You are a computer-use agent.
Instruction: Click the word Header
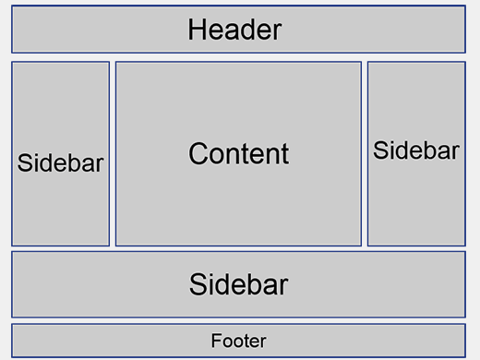(x=234, y=30)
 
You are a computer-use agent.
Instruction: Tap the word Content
(x=238, y=153)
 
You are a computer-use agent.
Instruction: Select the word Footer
(x=238, y=341)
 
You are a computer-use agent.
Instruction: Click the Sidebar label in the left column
(x=61, y=163)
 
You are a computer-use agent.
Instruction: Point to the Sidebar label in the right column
(x=416, y=150)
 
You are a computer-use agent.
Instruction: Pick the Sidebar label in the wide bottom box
(x=238, y=284)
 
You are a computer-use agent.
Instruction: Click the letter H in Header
(x=196, y=30)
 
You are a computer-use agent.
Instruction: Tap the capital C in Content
(x=198, y=153)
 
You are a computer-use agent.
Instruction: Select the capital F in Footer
(x=215, y=341)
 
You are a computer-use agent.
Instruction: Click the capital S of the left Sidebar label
(x=25, y=163)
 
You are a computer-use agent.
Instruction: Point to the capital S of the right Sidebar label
(x=380, y=150)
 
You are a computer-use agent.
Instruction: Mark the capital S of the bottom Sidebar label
(x=198, y=284)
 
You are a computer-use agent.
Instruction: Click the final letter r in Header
(x=276, y=31)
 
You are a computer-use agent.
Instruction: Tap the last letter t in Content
(x=284, y=153)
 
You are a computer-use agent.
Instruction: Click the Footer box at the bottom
(x=111, y=341)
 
